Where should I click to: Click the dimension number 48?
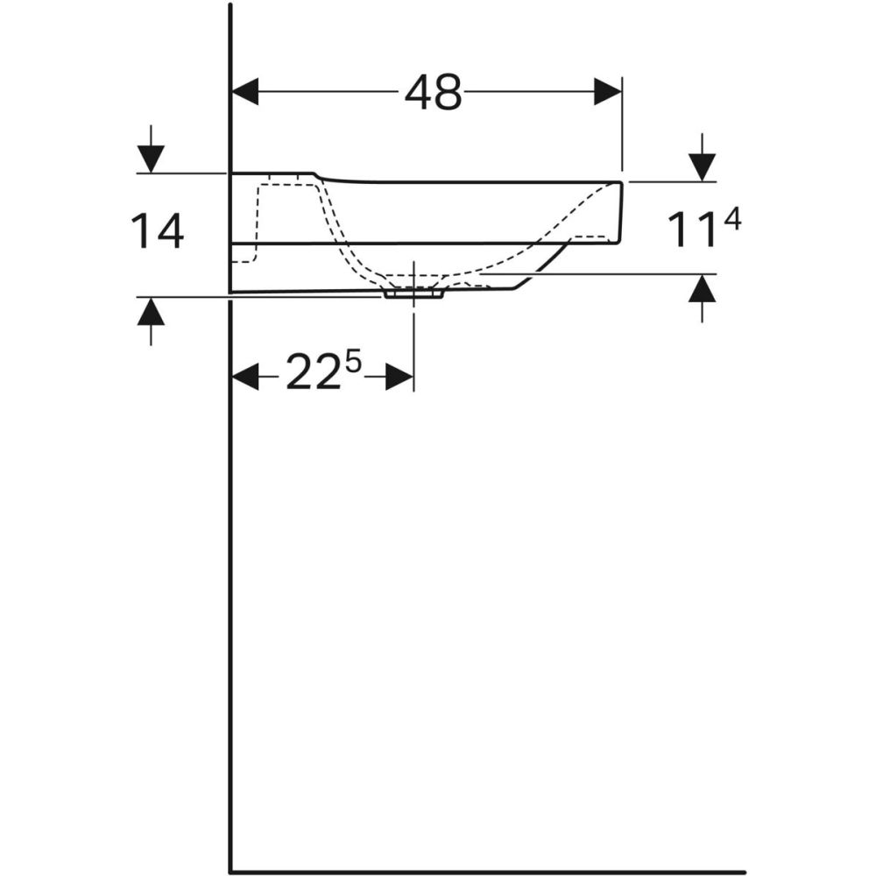pyautogui.click(x=433, y=92)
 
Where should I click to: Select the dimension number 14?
pyautogui.click(x=158, y=232)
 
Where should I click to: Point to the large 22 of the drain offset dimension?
pyautogui.click(x=313, y=377)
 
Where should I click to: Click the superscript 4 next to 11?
pyautogui.click(x=732, y=221)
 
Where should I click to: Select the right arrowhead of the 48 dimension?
pyautogui.click(x=607, y=91)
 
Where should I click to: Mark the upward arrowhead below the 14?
pyautogui.click(x=151, y=311)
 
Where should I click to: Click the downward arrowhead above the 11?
pyautogui.click(x=702, y=166)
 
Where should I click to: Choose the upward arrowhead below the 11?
pyautogui.click(x=702, y=288)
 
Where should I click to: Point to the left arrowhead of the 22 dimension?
pyautogui.click(x=245, y=378)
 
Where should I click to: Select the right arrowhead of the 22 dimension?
pyautogui.click(x=399, y=378)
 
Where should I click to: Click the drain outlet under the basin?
pyautogui.click(x=413, y=295)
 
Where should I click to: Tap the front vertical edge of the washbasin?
pyautogui.click(x=622, y=212)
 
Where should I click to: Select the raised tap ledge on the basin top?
pyautogui.click(x=272, y=174)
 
